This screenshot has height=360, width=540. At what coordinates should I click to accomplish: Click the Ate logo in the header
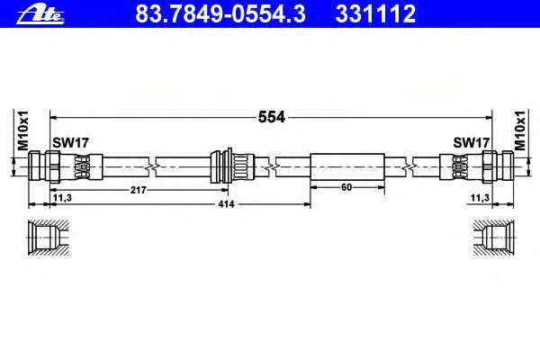pyautogui.click(x=40, y=14)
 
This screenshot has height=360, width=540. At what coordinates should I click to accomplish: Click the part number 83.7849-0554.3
pyautogui.click(x=220, y=13)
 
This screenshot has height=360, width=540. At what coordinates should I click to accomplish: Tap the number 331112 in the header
pyautogui.click(x=375, y=13)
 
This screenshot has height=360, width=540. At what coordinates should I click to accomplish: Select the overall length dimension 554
pyautogui.click(x=272, y=118)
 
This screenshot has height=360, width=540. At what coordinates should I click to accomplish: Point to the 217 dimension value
pyautogui.click(x=139, y=190)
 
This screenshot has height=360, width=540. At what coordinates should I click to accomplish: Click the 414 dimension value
pyautogui.click(x=226, y=204)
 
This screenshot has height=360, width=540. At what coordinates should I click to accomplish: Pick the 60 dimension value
pyautogui.click(x=346, y=187)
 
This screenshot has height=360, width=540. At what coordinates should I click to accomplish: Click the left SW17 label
pyautogui.click(x=70, y=142)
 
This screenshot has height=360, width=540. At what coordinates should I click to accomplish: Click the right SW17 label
pyautogui.click(x=471, y=142)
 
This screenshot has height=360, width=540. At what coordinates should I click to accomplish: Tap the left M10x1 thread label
pyautogui.click(x=23, y=130)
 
